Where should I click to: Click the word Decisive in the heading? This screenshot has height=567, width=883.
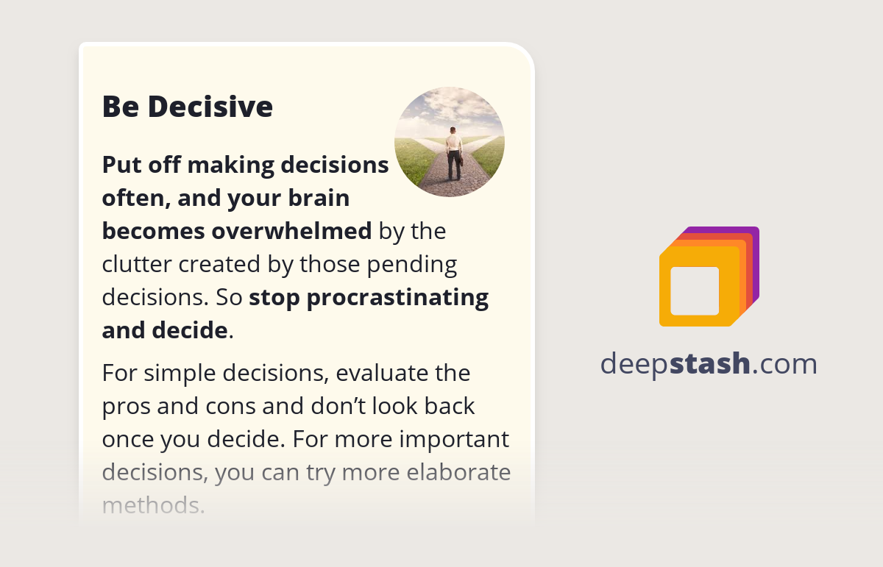point(210,107)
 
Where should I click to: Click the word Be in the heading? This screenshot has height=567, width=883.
point(121,107)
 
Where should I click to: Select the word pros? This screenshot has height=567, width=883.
point(127,406)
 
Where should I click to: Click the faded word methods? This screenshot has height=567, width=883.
point(152,504)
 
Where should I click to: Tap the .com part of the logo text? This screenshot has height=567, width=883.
point(784,363)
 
